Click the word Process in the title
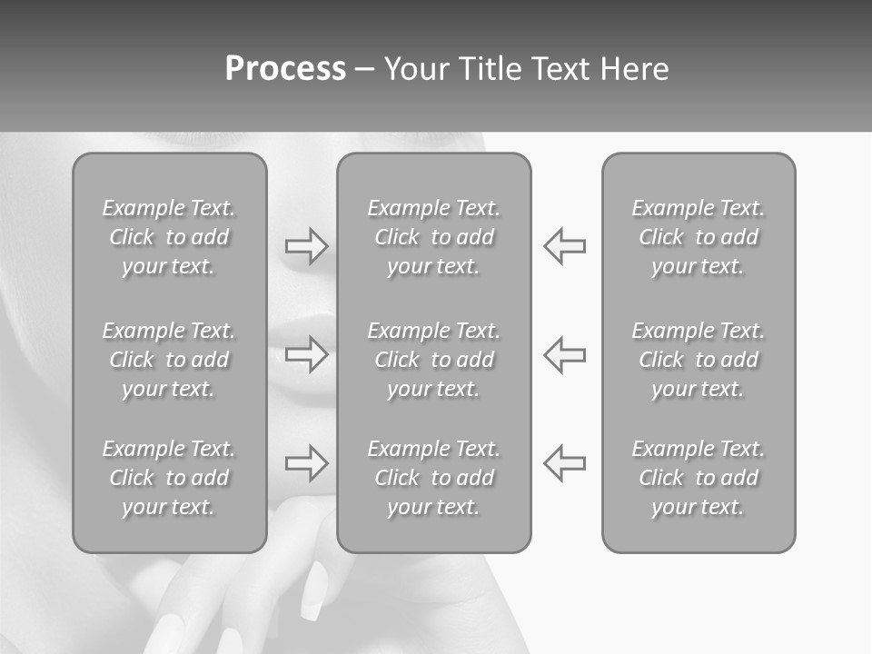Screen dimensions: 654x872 point(285,69)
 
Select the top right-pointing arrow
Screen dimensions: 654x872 point(306,246)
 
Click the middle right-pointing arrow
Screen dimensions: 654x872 point(306,354)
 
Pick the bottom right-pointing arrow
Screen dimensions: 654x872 point(306,462)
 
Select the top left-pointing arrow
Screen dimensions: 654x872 point(564,246)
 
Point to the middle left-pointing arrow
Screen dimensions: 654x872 point(564,354)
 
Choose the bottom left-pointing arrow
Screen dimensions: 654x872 point(564,462)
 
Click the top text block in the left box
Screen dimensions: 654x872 point(169,237)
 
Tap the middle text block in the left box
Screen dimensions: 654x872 point(169,360)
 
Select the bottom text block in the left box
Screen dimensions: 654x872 point(169,478)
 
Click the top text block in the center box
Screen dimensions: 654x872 point(434,237)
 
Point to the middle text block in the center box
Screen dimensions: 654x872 point(434,360)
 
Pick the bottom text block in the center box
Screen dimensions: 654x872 point(434,478)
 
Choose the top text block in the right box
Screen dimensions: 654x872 point(699,237)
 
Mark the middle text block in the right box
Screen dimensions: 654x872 point(699,360)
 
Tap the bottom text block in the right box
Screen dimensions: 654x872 point(699,478)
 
